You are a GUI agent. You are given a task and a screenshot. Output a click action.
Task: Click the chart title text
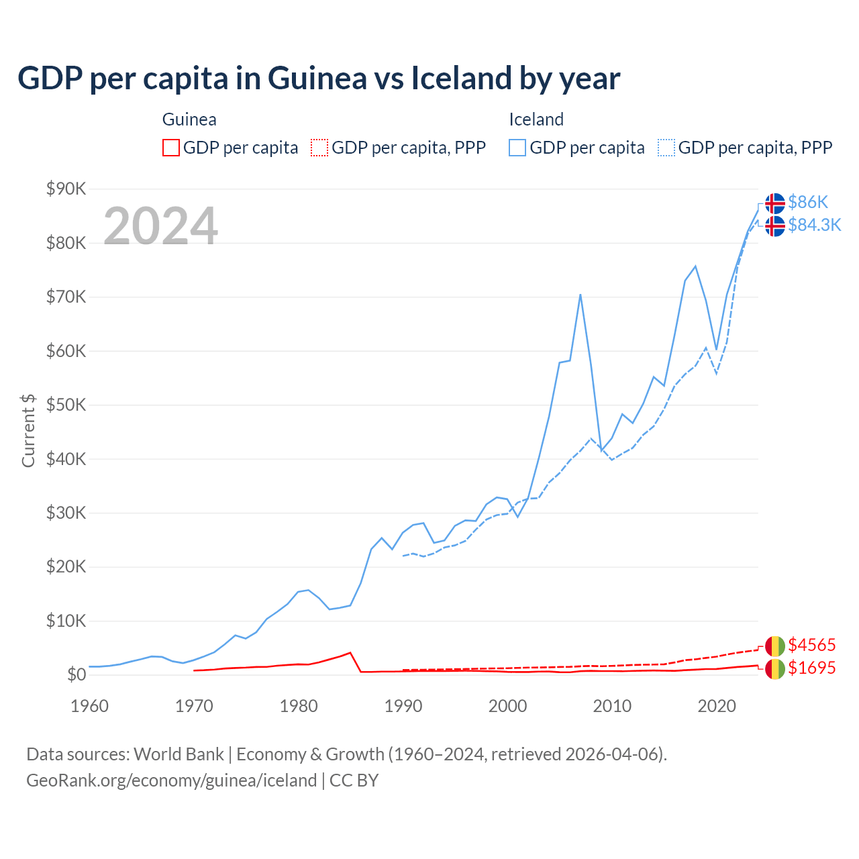319,79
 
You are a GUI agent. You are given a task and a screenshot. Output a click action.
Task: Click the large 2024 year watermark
160,226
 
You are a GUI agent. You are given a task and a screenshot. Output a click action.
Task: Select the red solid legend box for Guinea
171,148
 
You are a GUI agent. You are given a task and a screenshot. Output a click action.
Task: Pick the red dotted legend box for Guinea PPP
319,148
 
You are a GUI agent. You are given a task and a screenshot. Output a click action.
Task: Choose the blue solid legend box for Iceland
517,148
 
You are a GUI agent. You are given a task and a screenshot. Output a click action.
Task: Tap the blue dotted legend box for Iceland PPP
666,148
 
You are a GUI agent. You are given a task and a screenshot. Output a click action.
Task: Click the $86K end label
808,202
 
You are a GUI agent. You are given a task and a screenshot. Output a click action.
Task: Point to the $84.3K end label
814,225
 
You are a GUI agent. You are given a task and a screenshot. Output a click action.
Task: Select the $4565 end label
811,645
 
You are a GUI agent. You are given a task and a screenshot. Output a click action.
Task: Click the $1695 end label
811,668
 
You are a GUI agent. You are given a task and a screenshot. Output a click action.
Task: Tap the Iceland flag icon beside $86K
775,203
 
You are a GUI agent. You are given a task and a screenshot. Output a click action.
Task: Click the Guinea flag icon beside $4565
775,646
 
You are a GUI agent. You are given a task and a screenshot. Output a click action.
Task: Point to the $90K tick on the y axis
66,189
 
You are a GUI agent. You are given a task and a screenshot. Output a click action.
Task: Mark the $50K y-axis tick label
66,405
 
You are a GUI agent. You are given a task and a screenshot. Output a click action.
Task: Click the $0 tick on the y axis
77,674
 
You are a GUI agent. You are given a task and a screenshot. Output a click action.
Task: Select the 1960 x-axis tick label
89,706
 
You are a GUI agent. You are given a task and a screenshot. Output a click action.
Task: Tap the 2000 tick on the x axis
507,706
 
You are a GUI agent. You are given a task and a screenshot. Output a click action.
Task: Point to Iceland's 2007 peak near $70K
580,295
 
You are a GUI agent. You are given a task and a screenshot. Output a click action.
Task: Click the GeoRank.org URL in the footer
171,780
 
